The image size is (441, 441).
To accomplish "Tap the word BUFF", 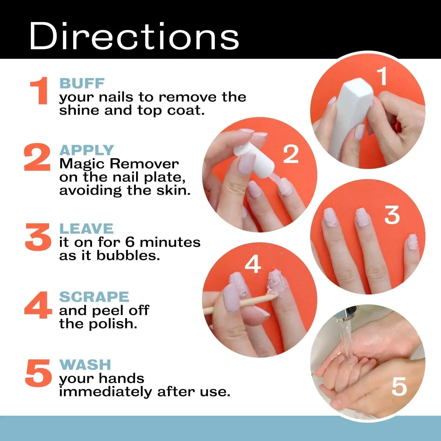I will pos(82,83).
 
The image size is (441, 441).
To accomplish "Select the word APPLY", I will pos(86,150).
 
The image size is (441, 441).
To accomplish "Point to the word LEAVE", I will pos(86,229).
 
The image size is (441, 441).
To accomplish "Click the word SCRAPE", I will pos(94,297).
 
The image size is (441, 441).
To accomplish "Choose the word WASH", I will pos(85,365).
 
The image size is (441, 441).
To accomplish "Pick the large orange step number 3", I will pos(38,237).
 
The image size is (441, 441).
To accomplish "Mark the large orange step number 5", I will pos(38,373).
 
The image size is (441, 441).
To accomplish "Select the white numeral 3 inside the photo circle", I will pos(392,215).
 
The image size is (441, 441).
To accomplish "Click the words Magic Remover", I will pos(119,164).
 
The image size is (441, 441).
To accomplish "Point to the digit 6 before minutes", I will pos(130,242).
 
